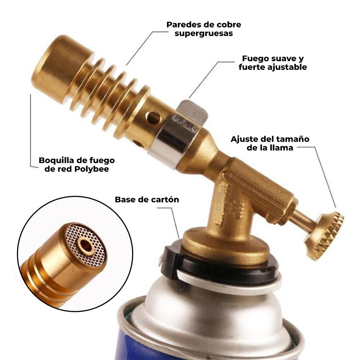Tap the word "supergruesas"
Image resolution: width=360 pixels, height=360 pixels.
click(204, 33)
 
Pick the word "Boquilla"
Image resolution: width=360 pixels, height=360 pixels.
click(55, 160)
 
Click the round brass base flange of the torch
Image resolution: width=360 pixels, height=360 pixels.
click(226, 246)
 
